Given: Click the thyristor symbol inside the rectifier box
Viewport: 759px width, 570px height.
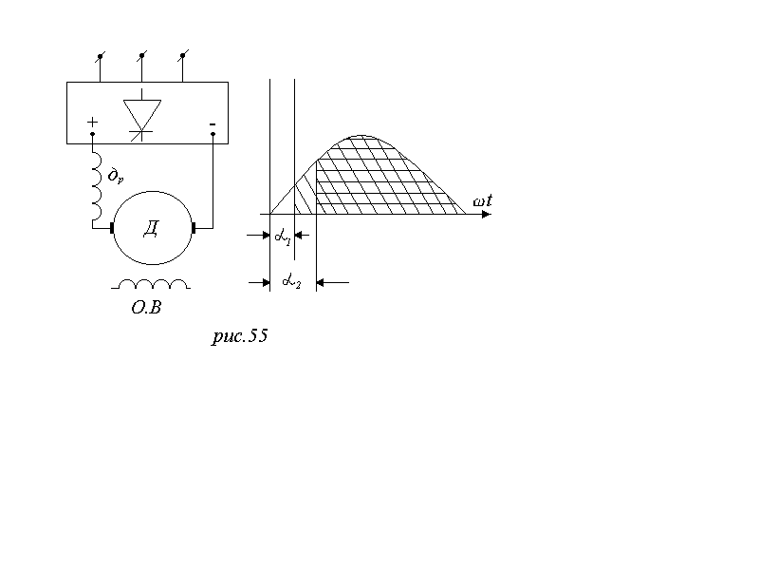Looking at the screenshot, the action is [141, 115].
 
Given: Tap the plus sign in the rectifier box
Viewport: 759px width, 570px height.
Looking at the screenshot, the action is [92, 122].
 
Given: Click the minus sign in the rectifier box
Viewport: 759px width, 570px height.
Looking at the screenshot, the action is [213, 124].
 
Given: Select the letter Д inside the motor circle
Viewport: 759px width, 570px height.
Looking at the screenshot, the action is [151, 229].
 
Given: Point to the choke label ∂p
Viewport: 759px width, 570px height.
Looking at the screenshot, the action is [115, 175].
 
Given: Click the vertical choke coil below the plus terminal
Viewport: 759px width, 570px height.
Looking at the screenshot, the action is [98, 185].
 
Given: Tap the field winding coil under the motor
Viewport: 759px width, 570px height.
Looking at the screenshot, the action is [151, 284].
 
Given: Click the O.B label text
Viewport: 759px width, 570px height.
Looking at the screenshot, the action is [146, 307].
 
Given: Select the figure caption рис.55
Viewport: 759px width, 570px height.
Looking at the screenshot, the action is [240, 335].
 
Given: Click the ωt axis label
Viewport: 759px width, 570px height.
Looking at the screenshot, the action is [483, 200].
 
